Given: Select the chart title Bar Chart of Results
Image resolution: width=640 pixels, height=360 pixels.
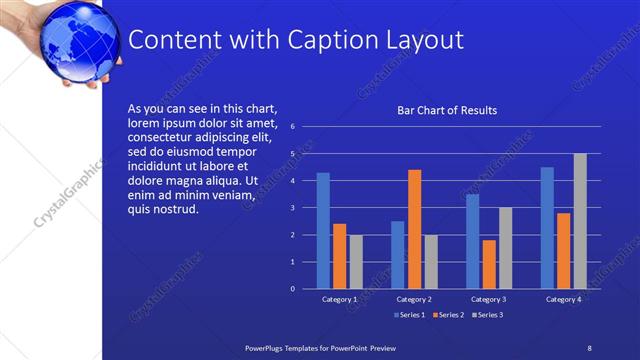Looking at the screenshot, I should (x=447, y=110).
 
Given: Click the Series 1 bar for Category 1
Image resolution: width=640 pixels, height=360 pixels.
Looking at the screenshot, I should (x=323, y=230).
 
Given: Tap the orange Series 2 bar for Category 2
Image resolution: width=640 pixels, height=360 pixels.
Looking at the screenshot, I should (x=414, y=229).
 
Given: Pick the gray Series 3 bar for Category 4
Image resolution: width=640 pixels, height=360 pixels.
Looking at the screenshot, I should (x=580, y=221).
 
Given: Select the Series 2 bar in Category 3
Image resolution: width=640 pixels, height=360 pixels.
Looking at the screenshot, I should (x=489, y=264).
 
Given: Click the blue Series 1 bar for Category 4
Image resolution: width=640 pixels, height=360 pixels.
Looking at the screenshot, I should (x=547, y=227).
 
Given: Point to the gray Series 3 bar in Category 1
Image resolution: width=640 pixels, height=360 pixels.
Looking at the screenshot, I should (x=356, y=261).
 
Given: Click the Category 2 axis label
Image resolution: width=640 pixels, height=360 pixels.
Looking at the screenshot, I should (x=414, y=299).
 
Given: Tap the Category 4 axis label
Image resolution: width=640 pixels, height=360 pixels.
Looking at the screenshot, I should (x=563, y=299).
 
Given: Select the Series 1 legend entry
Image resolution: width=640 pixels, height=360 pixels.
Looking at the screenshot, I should (x=411, y=315).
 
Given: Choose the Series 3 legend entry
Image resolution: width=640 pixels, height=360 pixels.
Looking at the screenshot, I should (x=486, y=315).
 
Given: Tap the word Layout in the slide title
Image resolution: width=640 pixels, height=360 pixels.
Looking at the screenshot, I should (x=424, y=40).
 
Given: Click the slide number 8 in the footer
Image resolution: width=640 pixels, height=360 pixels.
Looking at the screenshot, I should (x=589, y=346).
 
